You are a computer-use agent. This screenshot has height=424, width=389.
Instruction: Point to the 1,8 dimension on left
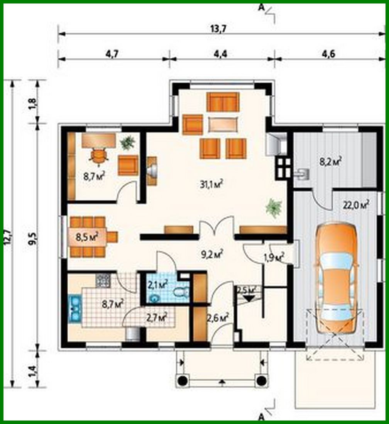tap(33, 102)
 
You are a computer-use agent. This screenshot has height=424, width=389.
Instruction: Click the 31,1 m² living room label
tap(212, 184)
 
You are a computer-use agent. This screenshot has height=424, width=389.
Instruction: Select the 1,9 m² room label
tap(274, 257)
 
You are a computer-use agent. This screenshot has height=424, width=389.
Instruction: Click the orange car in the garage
tap(337, 278)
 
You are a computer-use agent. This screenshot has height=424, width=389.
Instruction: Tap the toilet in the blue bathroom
tap(181, 293)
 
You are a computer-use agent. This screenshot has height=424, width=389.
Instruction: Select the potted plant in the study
tap(127, 143)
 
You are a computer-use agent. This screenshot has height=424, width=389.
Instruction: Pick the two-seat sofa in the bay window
tap(223, 102)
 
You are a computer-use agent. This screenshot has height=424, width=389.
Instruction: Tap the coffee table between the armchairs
tap(223, 124)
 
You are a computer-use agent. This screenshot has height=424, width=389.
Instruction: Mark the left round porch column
tap(182, 380)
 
